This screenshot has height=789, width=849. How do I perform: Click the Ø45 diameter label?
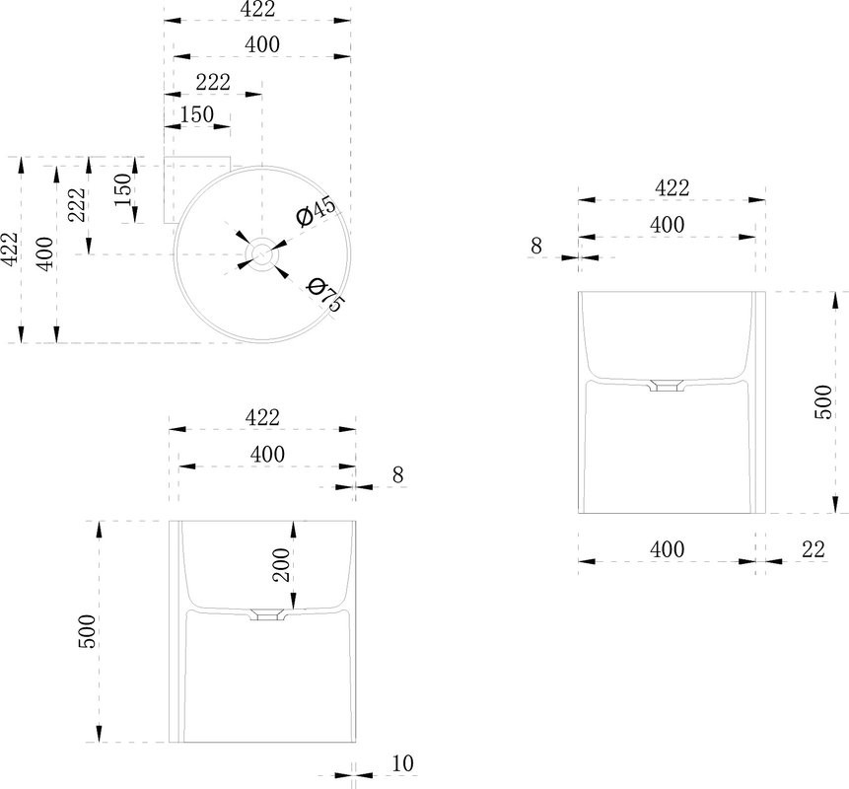(x=317, y=211)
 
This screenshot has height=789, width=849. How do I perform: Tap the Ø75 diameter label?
(x=324, y=294)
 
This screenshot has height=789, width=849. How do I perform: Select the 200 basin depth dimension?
(x=281, y=565)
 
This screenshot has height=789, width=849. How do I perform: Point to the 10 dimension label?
(x=402, y=763)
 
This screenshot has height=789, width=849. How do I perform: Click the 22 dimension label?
(x=814, y=549)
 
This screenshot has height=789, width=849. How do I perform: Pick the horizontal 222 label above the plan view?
(x=213, y=82)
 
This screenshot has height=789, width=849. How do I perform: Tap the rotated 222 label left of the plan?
(x=77, y=205)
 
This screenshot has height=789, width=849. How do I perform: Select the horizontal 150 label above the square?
(x=197, y=114)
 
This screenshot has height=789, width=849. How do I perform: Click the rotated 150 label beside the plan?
(x=123, y=189)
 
